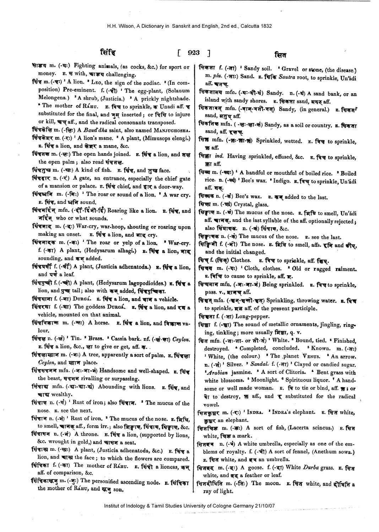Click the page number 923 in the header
click(x=194, y=53)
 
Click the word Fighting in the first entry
click(x=84, y=67)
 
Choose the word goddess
click(x=97, y=307)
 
